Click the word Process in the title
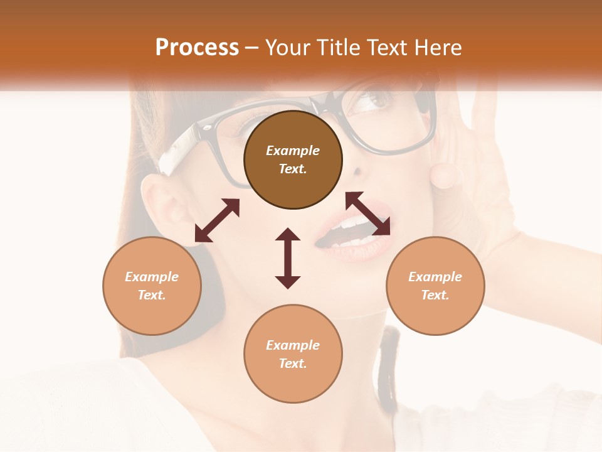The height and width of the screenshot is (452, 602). point(197,48)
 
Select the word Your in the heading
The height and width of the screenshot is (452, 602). point(289,48)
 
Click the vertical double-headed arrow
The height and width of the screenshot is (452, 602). point(288,258)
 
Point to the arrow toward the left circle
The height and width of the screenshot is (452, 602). point(217,220)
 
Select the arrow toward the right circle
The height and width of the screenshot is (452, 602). point(368,213)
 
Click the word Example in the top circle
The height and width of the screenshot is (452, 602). point(293,151)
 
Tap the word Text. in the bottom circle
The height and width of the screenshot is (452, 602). point(293,363)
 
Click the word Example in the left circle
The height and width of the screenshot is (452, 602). point(152,277)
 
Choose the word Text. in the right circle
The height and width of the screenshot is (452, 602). point(435,295)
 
